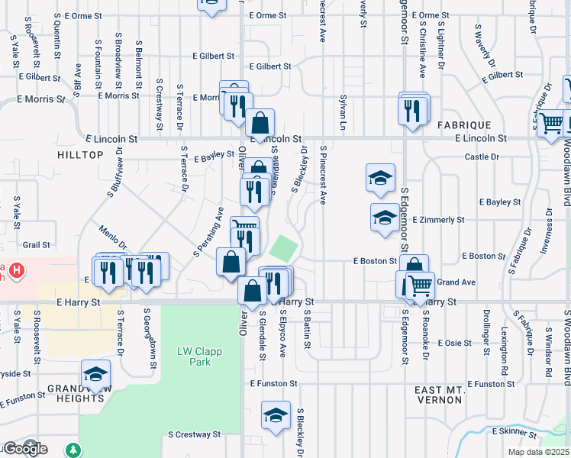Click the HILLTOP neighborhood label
click(79, 154)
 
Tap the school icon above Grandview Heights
click(96, 374)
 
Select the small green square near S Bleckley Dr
click(284, 247)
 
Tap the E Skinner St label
click(515, 431)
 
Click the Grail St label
click(36, 245)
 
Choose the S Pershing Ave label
click(208, 231)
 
